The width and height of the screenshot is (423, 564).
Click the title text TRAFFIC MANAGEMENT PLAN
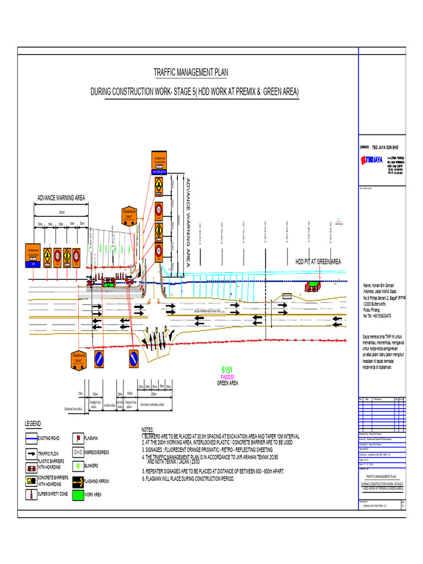point(190,72)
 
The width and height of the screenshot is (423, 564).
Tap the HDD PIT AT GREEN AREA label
point(318,262)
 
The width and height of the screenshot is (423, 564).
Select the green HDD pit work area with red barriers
point(314,284)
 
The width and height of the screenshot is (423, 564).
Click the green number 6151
point(227,370)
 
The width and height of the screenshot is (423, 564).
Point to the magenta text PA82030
point(227,377)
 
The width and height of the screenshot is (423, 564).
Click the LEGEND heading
point(32,424)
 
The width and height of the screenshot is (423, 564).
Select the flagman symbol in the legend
point(79,438)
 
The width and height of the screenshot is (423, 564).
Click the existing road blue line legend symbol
point(31,438)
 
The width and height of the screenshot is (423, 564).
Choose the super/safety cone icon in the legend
point(31,494)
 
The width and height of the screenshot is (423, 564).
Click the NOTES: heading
point(148,430)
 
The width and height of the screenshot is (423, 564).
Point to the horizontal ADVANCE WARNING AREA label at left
point(61,198)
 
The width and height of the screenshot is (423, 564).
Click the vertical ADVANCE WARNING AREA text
point(188,223)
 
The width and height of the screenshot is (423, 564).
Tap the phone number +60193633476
point(377,316)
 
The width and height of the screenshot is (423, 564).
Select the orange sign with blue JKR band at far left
point(32,256)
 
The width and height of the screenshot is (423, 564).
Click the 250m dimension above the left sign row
point(61,212)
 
